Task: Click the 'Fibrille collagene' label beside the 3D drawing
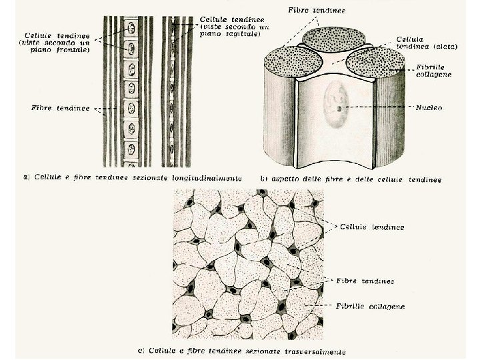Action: tap(433, 71)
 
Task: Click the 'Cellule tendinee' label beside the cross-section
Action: tap(373, 227)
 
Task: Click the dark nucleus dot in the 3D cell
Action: tap(339, 109)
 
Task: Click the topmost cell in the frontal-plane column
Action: tap(131, 29)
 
